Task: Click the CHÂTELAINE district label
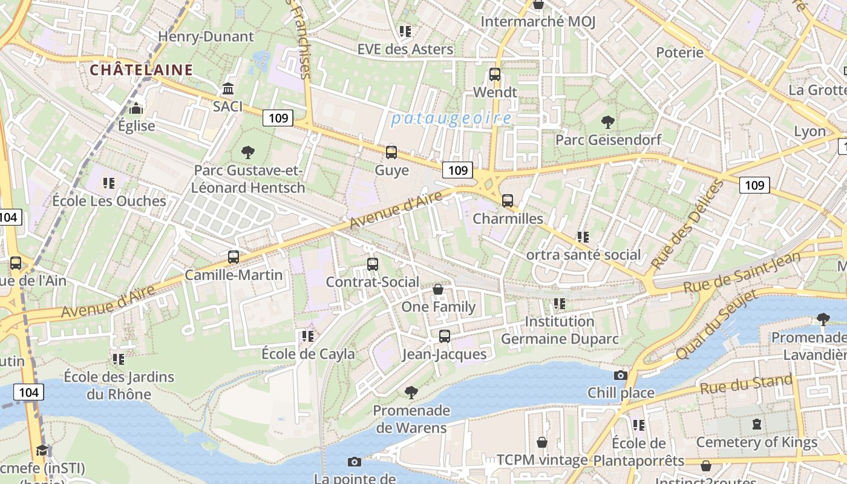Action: click(142, 70)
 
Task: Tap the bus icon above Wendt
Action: click(495, 75)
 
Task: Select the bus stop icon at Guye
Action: click(391, 152)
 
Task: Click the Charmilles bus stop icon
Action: click(508, 201)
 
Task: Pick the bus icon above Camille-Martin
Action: click(234, 257)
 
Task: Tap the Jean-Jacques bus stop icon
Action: click(445, 336)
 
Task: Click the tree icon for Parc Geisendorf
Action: click(608, 122)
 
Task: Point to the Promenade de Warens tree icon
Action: click(411, 393)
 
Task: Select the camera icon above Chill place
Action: click(621, 376)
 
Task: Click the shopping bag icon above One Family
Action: click(438, 290)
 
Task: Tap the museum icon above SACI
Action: click(228, 90)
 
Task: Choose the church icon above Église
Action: click(137, 109)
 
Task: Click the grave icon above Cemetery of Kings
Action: click(757, 424)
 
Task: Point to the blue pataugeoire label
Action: click(451, 118)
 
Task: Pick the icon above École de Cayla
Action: click(308, 336)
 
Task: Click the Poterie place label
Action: click(680, 53)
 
